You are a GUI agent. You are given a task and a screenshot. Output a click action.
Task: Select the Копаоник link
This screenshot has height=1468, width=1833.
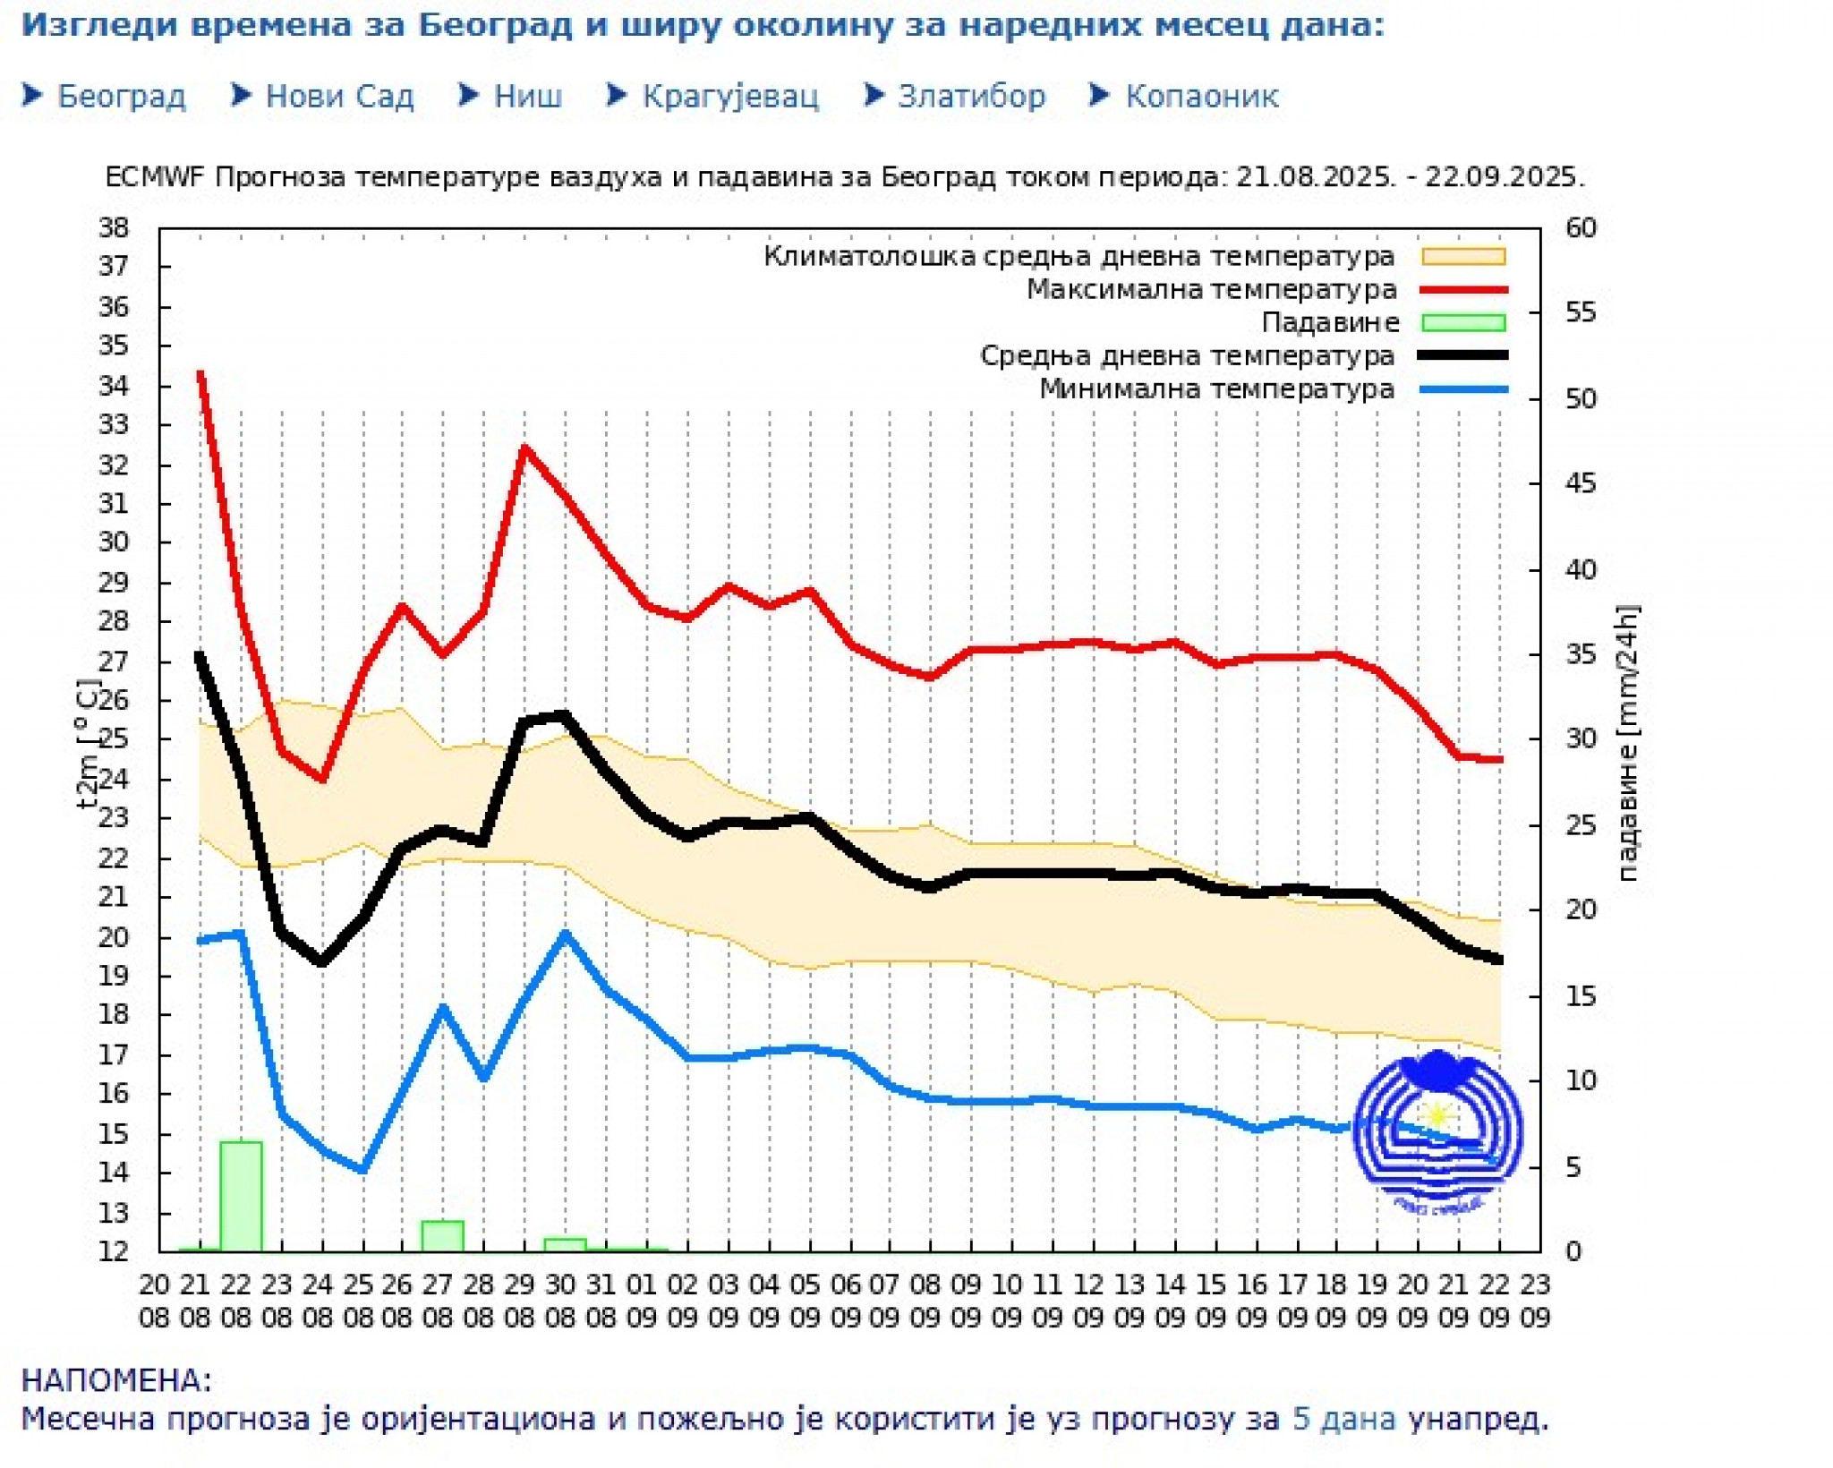1200,96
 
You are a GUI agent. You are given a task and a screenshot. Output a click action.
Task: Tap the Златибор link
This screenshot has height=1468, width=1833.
970,96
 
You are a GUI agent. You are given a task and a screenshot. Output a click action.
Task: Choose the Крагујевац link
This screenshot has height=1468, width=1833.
729,96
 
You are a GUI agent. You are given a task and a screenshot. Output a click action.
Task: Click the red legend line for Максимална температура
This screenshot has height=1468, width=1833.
1463,289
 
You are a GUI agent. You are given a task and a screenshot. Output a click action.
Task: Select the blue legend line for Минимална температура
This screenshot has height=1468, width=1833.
1463,389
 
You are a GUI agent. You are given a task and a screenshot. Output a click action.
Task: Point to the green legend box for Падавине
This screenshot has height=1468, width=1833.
1463,322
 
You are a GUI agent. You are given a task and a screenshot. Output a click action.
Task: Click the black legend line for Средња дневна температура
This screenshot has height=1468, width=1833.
1463,355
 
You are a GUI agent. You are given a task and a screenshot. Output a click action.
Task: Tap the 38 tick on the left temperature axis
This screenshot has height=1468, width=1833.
114,227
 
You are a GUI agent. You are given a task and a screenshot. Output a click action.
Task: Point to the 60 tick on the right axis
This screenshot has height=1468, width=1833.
1581,227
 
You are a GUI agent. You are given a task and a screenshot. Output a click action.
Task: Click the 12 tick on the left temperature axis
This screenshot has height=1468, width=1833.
114,1250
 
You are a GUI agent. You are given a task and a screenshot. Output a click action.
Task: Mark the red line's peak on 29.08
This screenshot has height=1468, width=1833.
524,447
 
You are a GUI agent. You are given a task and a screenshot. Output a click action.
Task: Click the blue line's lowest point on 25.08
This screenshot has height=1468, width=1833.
362,1170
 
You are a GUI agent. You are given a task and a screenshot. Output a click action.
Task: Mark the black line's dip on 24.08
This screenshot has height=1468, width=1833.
322,962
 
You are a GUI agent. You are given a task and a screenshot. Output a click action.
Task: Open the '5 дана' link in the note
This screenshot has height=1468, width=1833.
1343,1419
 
